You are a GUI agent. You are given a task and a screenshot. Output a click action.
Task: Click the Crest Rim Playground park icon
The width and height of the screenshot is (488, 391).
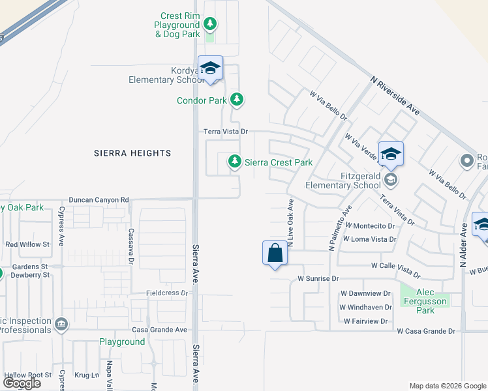(x=209, y=25)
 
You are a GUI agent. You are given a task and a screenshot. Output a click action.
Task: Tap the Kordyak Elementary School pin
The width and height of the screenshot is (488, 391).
(x=211, y=68)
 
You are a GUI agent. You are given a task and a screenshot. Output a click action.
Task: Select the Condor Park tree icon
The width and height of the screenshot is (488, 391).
(x=237, y=100)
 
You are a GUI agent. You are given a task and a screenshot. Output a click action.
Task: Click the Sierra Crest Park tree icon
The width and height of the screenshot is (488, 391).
(x=234, y=161)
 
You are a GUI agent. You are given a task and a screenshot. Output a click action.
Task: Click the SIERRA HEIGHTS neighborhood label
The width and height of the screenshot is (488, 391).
(x=132, y=153)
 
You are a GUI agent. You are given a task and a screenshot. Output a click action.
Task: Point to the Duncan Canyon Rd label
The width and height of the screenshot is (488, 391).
(x=99, y=199)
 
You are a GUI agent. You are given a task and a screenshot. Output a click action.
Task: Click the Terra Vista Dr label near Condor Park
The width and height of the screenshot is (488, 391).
(x=226, y=131)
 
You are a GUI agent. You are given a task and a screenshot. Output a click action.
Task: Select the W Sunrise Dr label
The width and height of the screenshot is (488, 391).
(x=318, y=278)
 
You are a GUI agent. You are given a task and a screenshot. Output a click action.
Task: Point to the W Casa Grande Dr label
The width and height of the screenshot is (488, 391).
(x=426, y=331)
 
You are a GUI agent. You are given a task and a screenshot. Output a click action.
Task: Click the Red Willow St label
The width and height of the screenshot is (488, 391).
(x=27, y=244)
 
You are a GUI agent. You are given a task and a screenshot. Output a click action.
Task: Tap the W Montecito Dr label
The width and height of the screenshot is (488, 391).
(x=368, y=226)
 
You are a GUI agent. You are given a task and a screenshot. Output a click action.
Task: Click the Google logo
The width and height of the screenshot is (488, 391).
(x=22, y=383)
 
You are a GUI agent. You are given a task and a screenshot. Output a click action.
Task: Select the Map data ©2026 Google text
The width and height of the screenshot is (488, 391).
(x=448, y=386)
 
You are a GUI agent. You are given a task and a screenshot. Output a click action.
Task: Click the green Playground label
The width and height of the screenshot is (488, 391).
(x=122, y=341)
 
